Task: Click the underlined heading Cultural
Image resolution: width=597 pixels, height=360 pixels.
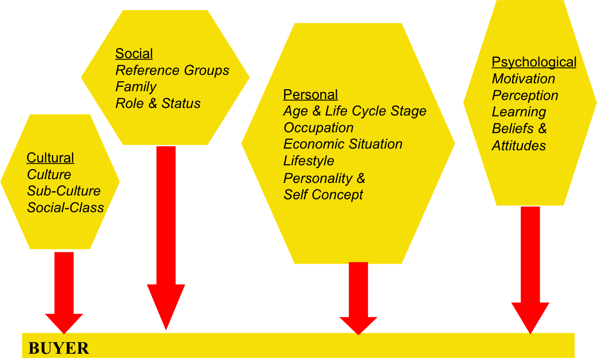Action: [x=50, y=158]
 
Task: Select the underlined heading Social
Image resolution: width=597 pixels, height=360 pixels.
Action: [x=134, y=54]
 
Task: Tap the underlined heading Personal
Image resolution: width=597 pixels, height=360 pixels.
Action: [x=310, y=95]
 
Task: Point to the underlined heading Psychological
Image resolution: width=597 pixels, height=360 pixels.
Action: [x=534, y=62]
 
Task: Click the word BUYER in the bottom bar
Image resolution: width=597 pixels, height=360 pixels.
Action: [x=59, y=348]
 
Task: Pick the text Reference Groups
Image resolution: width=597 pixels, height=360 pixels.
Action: [x=172, y=70]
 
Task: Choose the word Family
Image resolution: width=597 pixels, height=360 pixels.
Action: [x=136, y=87]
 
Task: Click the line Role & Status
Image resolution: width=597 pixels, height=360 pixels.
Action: [x=158, y=103]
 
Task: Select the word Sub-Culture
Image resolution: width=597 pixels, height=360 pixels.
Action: [x=64, y=191]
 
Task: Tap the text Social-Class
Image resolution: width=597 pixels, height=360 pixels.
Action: [x=65, y=208]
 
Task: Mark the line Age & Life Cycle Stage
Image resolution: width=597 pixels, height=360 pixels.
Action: [x=355, y=111]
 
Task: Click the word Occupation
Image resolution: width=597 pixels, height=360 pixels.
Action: [x=318, y=128]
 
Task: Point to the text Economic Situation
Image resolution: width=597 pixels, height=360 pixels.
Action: [x=343, y=144]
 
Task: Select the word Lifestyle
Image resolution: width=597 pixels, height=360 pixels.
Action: [x=309, y=161]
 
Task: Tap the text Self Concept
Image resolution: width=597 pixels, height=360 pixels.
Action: [x=323, y=195]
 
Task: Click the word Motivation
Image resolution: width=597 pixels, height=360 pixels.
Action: [x=523, y=79]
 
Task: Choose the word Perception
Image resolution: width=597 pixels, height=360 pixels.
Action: [x=525, y=95]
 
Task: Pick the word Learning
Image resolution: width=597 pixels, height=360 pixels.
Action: [x=519, y=112]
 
